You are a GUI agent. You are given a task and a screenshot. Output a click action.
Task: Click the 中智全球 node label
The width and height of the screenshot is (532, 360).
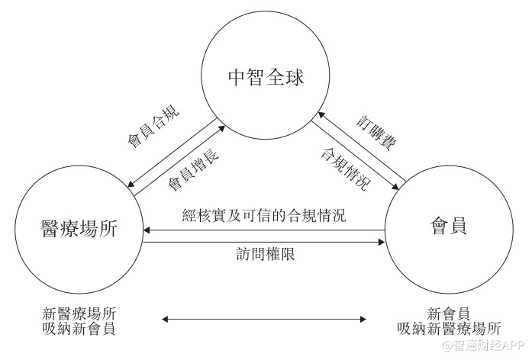point(266,77)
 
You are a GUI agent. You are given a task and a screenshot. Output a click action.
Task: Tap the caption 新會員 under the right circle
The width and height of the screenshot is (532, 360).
point(448,313)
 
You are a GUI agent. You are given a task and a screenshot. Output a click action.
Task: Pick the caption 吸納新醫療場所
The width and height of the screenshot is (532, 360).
point(448,329)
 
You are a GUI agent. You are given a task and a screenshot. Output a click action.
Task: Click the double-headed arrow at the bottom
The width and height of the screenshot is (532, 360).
point(264,320)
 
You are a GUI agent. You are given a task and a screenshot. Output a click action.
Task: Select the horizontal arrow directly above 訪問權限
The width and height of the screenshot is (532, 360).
point(264,243)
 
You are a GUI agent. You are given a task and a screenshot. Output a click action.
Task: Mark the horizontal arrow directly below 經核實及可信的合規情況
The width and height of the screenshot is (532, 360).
point(264,230)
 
